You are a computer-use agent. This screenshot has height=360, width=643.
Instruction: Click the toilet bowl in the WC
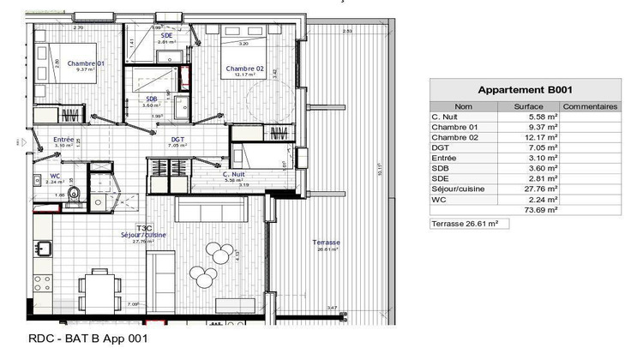pos(75,192)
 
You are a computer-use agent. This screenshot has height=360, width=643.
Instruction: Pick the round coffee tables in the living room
pos(218,255)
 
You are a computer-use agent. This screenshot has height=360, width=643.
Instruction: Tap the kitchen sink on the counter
pos(44,249)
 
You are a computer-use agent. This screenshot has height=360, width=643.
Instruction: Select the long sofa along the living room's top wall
pos(213,211)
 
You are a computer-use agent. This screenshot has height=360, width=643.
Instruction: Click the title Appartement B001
pos(525,89)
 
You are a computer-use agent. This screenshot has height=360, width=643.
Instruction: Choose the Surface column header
pos(528,106)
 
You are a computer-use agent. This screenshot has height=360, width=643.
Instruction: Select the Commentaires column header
pos(590,106)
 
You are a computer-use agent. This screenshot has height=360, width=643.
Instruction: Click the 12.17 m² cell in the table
pos(541,137)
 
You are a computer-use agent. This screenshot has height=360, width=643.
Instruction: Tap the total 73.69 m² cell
pos(541,209)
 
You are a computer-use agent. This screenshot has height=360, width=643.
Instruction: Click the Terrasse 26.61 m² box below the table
pos(465,224)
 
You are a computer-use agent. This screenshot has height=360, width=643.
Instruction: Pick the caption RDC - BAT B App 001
pos(83,339)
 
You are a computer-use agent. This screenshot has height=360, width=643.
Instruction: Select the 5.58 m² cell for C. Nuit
pos(543,117)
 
